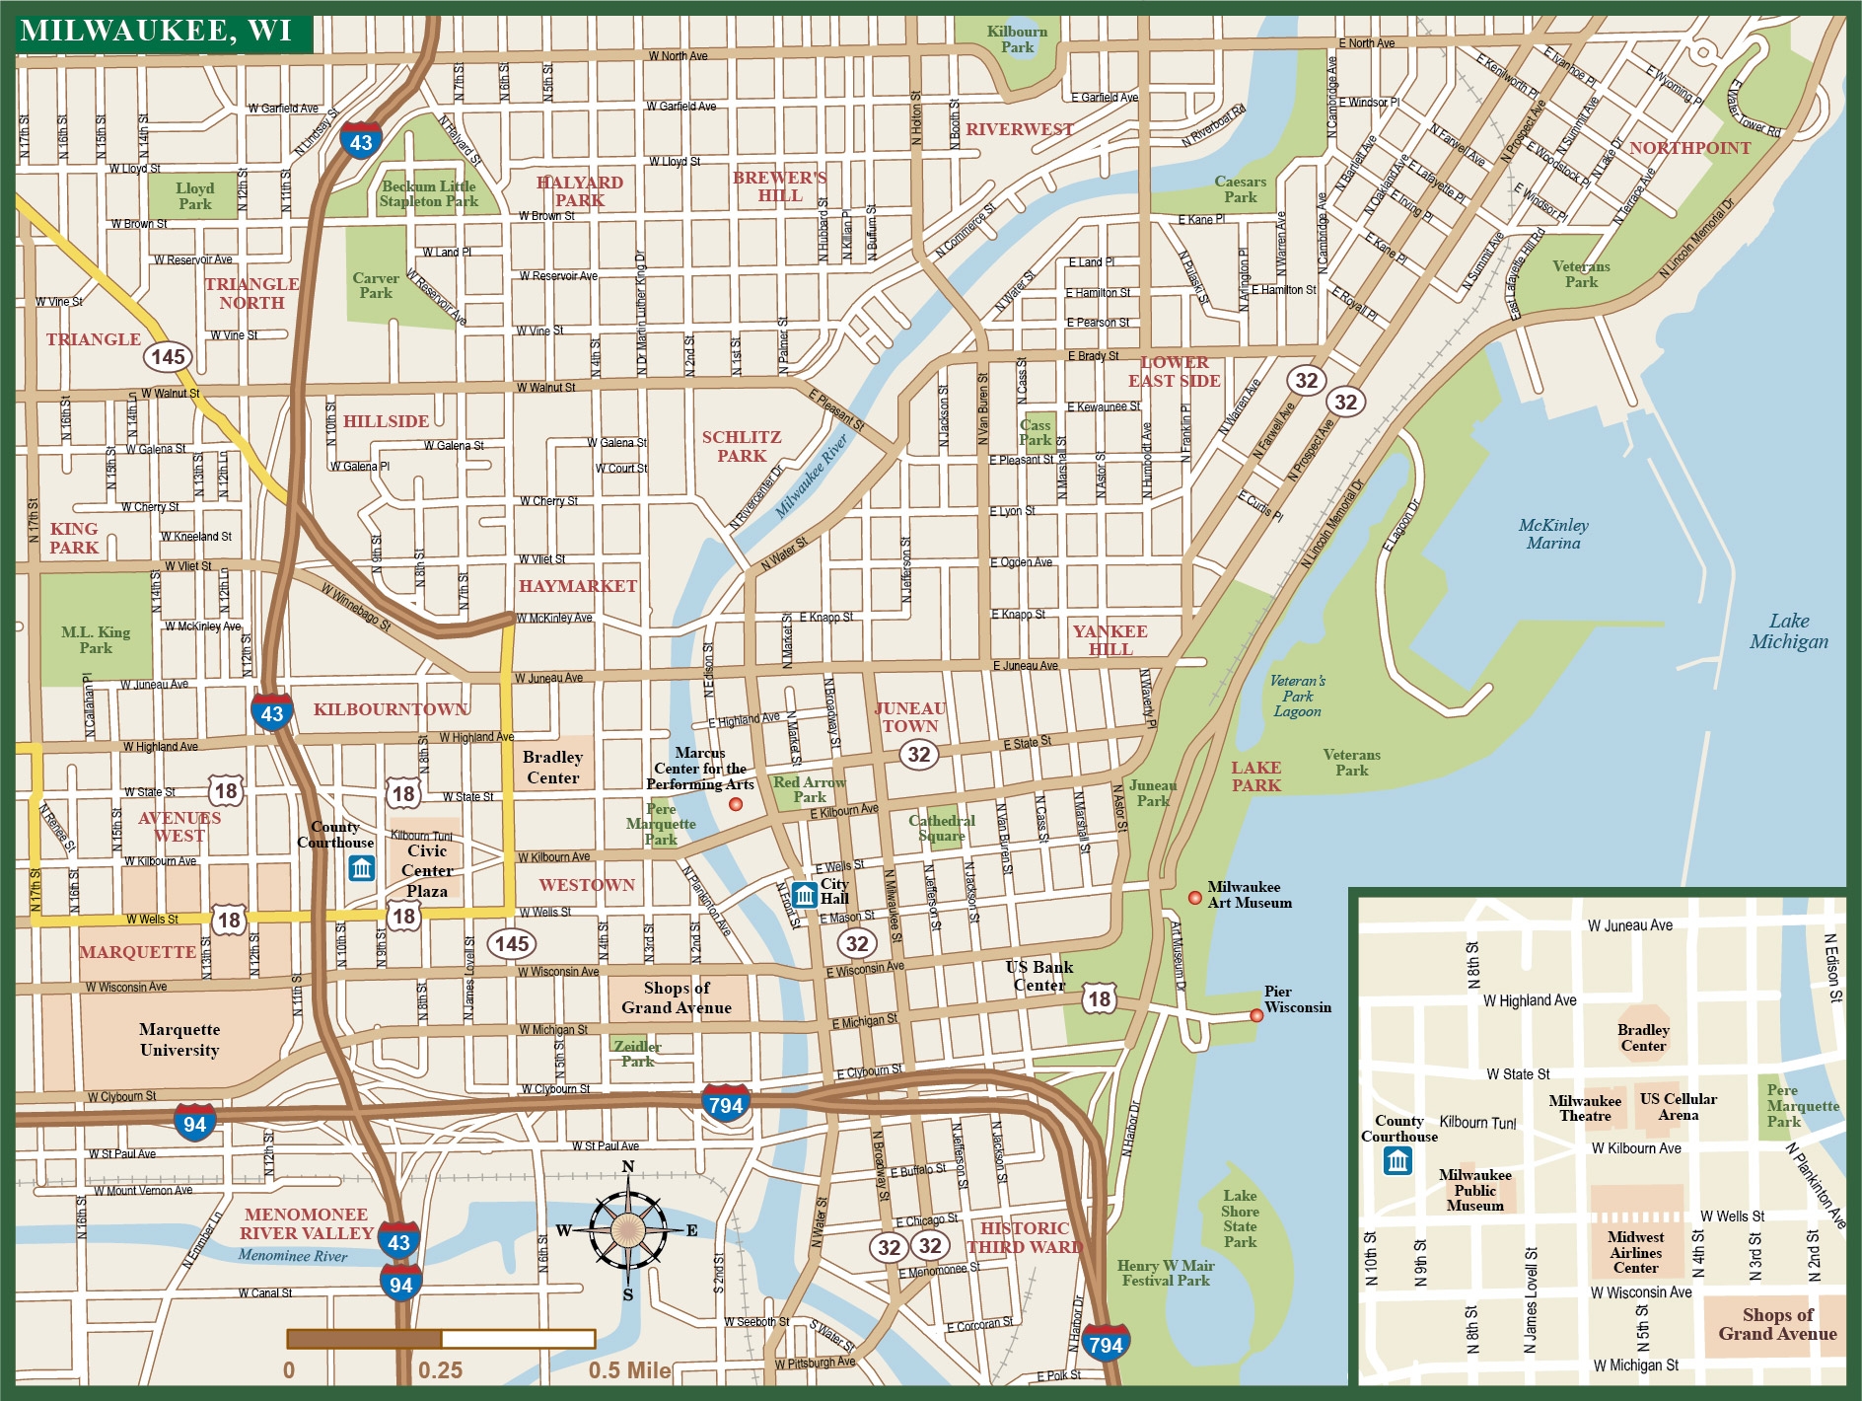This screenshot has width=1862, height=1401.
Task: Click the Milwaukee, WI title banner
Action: (x=158, y=32)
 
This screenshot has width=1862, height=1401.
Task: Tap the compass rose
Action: (x=627, y=1230)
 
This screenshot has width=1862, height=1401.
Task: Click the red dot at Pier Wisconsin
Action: (x=1255, y=1015)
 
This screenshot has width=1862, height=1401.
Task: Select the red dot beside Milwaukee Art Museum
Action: (x=1194, y=898)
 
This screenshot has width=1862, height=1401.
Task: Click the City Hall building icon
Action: (x=805, y=895)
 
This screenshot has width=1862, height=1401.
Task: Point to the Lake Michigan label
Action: (x=1788, y=631)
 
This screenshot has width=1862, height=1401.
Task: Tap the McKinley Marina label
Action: (x=1552, y=534)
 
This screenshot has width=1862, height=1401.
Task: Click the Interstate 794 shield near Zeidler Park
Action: (x=726, y=1105)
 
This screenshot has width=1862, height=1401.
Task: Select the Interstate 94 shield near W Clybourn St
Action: (x=194, y=1124)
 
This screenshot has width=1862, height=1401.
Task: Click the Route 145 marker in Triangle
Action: (x=168, y=357)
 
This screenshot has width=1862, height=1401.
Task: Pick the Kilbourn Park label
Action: (x=1017, y=39)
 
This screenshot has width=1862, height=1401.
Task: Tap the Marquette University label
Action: (x=179, y=1040)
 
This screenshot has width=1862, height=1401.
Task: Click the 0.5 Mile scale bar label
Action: (x=629, y=1370)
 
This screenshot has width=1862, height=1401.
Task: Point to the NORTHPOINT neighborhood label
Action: (x=1689, y=148)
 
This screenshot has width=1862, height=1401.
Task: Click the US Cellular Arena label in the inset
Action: (x=1678, y=1107)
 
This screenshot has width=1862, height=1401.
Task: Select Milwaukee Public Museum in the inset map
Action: (x=1474, y=1190)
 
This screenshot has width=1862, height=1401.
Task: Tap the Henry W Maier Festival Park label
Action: (x=1165, y=1273)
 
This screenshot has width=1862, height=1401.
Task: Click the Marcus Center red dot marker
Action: (x=735, y=805)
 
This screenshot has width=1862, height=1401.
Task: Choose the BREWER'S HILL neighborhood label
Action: (x=779, y=186)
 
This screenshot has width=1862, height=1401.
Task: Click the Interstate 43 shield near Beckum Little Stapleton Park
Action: (x=361, y=142)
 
